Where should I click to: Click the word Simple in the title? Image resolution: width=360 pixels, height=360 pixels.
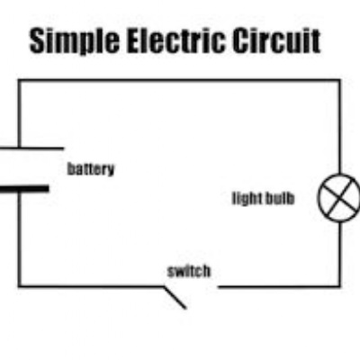(x=75, y=41)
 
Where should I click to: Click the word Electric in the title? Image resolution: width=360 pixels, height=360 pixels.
(x=175, y=40)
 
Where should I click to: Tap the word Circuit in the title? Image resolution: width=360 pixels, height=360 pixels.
(x=276, y=40)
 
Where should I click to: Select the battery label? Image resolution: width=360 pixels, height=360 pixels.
(x=91, y=169)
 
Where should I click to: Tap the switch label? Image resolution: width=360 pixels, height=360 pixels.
(x=189, y=271)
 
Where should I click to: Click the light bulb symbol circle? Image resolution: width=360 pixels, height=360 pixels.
(x=319, y=198)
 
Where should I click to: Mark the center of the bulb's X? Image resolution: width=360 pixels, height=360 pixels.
(x=340, y=198)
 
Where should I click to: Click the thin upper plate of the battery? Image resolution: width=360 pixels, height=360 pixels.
(x=31, y=148)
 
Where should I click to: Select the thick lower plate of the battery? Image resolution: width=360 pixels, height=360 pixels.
(x=24, y=189)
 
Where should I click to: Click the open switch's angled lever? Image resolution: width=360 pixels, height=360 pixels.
(x=175, y=298)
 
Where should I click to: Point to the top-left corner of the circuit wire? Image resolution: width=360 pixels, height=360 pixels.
(x=20, y=80)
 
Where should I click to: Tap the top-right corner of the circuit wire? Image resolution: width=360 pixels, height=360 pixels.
(x=340, y=80)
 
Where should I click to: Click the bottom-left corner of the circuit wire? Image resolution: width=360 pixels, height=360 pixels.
(x=20, y=286)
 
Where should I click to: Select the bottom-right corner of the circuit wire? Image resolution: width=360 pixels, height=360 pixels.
(x=340, y=287)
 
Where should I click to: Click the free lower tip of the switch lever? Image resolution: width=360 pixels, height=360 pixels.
(x=186, y=308)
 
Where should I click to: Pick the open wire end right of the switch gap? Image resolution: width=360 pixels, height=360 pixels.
(x=219, y=287)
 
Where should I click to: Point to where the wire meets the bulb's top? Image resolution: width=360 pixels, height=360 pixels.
(x=340, y=174)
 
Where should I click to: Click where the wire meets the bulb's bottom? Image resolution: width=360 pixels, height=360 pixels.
(x=340, y=222)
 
